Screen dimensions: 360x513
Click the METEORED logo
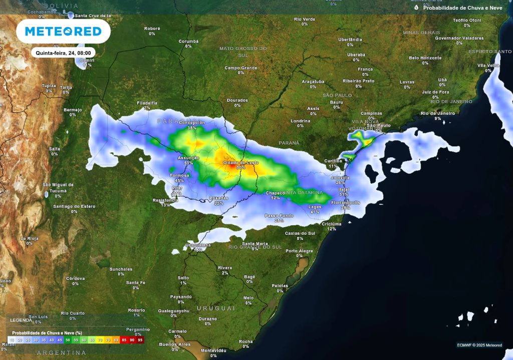(x=63, y=32)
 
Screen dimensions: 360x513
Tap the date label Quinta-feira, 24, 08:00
(x=63, y=52)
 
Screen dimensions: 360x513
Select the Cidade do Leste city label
(x=241, y=163)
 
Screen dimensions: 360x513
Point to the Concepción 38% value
(x=192, y=128)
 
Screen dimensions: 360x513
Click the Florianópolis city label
(x=345, y=202)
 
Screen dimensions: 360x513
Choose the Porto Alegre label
(x=299, y=250)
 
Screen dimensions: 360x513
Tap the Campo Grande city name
(x=240, y=68)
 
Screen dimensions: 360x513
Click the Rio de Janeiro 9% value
(x=438, y=119)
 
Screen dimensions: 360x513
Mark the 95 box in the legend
(x=140, y=340)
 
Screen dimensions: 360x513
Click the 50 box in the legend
(x=68, y=340)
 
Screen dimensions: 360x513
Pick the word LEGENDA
(x=21, y=320)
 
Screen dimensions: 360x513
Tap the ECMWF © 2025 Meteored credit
(x=479, y=345)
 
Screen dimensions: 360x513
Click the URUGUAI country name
(x=216, y=307)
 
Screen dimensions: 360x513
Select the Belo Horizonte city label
(x=425, y=58)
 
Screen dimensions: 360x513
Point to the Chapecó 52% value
(x=275, y=198)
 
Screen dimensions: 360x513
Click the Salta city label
(x=55, y=149)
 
